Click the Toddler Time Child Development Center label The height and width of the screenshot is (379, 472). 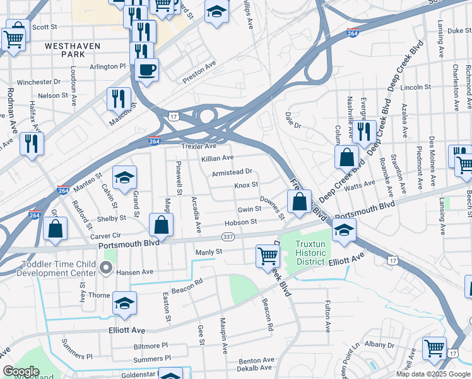coord(49,268)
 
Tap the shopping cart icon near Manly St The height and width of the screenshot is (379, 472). coord(268,255)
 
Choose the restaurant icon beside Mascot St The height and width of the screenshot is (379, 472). coord(119,98)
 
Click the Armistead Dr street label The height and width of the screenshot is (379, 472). coord(232,171)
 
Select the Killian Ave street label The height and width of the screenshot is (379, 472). coord(217,157)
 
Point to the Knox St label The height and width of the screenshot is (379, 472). coord(246,185)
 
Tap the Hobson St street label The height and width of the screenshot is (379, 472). coord(240,222)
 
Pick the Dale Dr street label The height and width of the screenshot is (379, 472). coord(293,120)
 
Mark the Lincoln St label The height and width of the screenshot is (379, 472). coord(415,87)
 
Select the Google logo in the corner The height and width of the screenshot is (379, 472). coord(21,371)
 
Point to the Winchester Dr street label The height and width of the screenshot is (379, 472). coord(38,82)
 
